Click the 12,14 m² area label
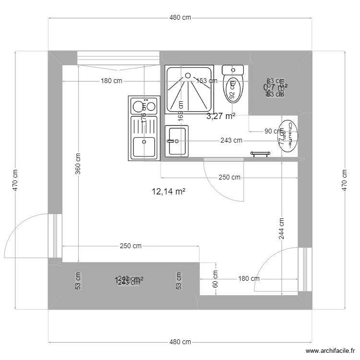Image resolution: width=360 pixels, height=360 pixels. pyautogui.click(x=168, y=192)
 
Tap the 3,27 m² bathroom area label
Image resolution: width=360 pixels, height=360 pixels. pyautogui.click(x=221, y=116)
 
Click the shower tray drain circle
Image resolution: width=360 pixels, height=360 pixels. pyautogui.click(x=188, y=75)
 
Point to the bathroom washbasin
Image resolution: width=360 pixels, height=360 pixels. pyautogui.click(x=177, y=141)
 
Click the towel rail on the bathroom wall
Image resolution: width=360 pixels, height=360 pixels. pyautogui.click(x=261, y=154)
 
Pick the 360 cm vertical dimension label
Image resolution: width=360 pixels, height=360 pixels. pyautogui.click(x=78, y=163)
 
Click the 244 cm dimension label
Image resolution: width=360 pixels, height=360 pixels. pyautogui.click(x=281, y=228)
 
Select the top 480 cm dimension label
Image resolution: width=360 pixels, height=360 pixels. pyautogui.click(x=180, y=18)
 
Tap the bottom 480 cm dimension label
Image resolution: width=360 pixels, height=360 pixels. pyautogui.click(x=180, y=342)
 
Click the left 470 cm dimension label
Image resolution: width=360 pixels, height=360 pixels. pyautogui.click(x=15, y=180)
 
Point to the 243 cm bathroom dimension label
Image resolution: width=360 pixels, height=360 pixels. pyautogui.click(x=231, y=141)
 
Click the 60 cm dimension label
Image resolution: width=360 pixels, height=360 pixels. pyautogui.click(x=215, y=278)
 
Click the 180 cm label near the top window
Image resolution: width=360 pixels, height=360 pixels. pyautogui.click(x=111, y=81)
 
